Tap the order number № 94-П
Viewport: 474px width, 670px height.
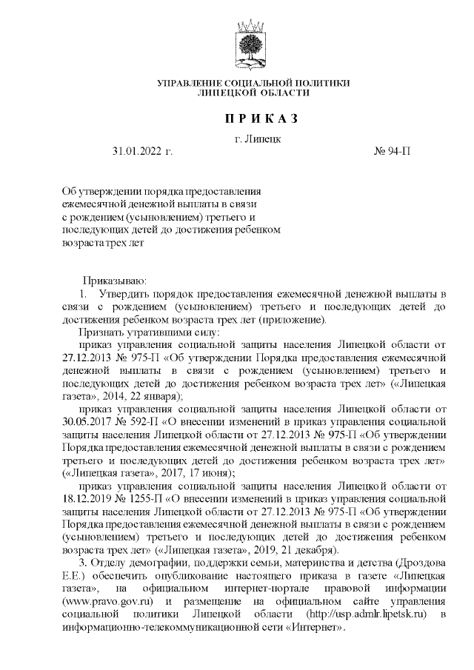click(393, 151)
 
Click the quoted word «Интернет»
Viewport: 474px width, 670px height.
click(319, 626)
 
